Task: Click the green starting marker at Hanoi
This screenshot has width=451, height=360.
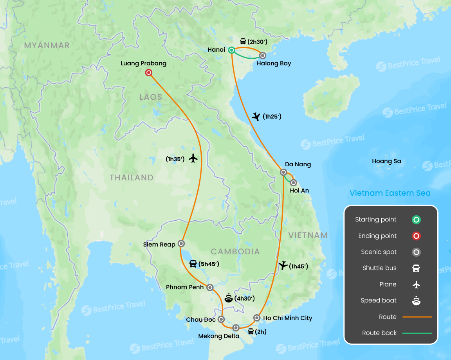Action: (231, 50)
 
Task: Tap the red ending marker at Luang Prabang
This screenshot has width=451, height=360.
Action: (148, 72)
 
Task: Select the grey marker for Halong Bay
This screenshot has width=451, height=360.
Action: (263, 56)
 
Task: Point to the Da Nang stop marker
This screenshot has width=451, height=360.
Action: (283, 172)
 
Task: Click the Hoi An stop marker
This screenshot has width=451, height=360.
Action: (293, 182)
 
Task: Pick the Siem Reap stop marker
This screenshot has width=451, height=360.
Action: (181, 243)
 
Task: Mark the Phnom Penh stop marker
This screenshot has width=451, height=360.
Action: (210, 287)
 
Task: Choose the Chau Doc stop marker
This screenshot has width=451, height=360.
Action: (221, 319)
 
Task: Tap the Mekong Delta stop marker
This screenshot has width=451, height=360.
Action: (236, 328)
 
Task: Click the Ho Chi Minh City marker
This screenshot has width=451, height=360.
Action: (257, 318)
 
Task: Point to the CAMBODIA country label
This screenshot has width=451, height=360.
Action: (235, 252)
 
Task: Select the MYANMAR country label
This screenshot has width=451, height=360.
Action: (47, 45)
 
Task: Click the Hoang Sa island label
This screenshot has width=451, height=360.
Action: (386, 161)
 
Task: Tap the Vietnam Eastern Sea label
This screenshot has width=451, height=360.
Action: (390, 193)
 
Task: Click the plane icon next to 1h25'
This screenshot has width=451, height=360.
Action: (256, 116)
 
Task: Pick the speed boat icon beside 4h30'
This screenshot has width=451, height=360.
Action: (229, 298)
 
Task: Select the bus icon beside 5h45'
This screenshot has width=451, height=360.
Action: (193, 264)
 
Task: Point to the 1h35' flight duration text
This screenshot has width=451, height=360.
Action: (175, 159)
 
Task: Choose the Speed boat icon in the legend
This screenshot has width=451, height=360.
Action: (416, 301)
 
